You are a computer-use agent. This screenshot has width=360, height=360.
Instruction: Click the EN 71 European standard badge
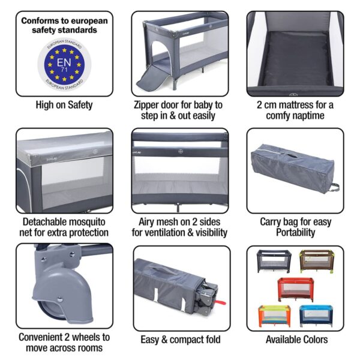tap(64, 63)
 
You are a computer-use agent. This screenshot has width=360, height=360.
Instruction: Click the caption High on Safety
tap(64, 106)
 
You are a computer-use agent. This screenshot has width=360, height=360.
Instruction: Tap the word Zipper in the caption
tap(148, 105)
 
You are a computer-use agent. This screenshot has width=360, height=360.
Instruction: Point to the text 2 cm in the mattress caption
tap(268, 105)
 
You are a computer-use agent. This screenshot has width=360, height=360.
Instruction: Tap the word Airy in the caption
tap(143, 221)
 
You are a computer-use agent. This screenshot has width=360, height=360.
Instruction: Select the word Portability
tap(295, 232)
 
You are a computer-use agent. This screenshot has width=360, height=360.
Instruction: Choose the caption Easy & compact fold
tap(181, 340)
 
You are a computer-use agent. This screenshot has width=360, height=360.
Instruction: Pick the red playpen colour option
tap(295, 289)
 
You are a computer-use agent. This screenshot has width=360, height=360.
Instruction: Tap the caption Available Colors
tap(295, 340)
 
